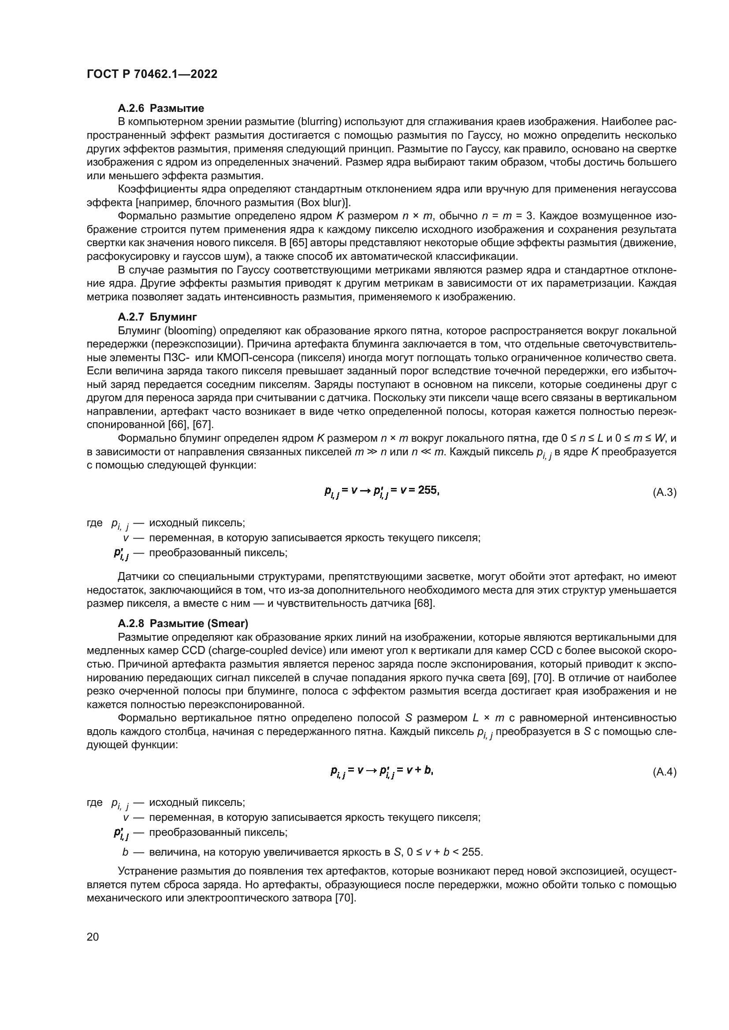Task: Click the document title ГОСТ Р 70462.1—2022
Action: click(152, 74)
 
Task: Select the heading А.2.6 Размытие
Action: click(161, 108)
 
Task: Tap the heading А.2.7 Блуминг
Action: click(157, 317)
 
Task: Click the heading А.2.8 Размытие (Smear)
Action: click(183, 623)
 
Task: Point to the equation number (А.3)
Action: click(664, 493)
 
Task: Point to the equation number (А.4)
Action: click(664, 772)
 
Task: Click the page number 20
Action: click(93, 937)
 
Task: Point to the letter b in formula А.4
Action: click(428, 770)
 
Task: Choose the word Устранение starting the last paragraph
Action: click(147, 871)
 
